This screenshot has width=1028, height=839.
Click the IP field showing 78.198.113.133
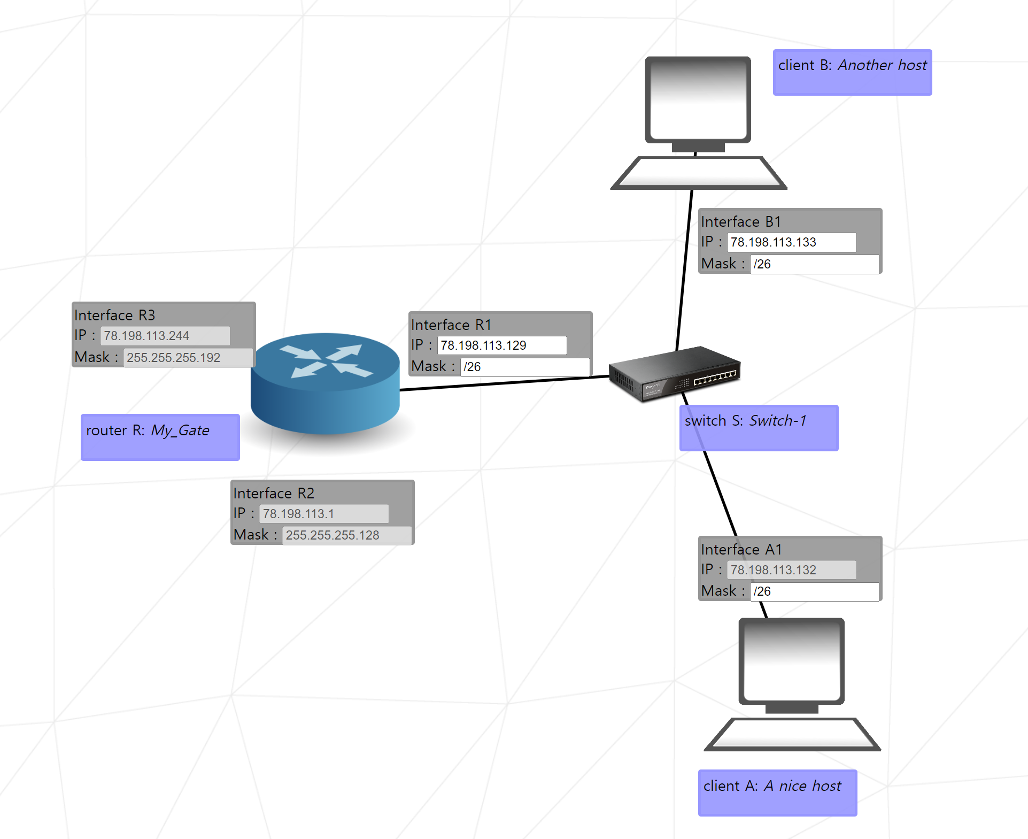791,242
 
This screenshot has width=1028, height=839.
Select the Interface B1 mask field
814,264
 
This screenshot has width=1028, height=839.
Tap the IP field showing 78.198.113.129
501,345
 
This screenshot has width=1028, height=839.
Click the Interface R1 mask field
524,367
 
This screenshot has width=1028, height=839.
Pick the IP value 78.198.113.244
165,336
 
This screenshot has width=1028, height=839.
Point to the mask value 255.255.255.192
188,358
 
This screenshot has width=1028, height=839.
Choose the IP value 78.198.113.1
323,514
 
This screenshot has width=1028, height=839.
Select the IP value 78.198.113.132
791,570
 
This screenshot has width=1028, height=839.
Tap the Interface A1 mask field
814,591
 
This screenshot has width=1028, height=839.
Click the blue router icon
325,382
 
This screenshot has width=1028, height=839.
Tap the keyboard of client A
792,734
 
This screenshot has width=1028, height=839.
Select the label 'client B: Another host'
852,72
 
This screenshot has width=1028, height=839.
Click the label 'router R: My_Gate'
160,437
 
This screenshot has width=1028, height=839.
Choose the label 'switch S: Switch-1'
759,427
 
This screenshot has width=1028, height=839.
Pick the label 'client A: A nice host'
777,792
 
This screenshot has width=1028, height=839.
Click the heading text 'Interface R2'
274,493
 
